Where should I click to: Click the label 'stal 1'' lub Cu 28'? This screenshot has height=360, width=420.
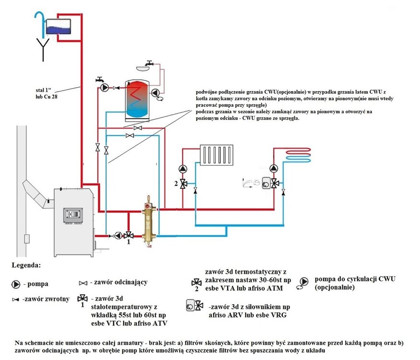click(49, 93)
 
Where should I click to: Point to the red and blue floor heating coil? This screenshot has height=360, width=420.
click(299, 155)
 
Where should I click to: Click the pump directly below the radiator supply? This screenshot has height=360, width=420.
click(183, 169)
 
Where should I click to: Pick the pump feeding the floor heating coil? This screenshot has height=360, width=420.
click(274, 169)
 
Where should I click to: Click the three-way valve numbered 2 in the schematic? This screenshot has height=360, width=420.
click(183, 183)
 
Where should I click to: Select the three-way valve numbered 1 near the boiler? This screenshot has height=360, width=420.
click(128, 235)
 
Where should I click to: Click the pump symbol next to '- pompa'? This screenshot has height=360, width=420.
click(16, 284)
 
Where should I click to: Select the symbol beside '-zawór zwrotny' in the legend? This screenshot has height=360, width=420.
click(16, 299)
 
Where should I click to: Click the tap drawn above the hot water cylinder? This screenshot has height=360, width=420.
click(150, 64)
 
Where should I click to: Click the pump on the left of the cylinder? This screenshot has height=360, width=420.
click(105, 88)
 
